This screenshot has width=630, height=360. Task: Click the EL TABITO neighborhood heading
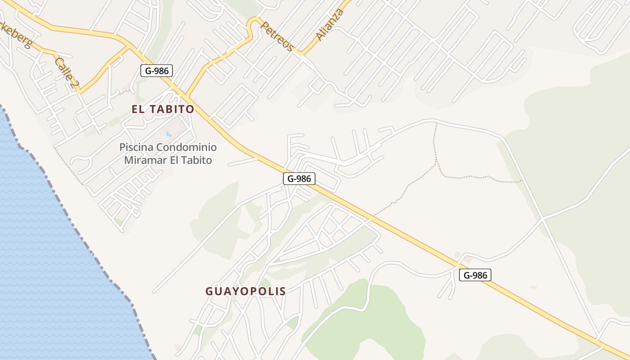tap(163, 109)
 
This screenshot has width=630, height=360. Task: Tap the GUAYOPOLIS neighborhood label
tap(246, 291)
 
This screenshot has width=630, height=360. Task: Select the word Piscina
tap(136, 147)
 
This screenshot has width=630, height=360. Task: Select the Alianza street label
tap(330, 25)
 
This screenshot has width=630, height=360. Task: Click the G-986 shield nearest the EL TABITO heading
tap(157, 71)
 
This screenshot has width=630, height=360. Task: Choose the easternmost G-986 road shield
tap(475, 275)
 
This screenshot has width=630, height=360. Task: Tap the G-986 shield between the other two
tap(299, 179)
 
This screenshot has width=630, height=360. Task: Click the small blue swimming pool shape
tap(169, 134)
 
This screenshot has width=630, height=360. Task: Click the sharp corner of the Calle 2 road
tap(79, 92)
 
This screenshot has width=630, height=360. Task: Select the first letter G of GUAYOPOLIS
tap(209, 291)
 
